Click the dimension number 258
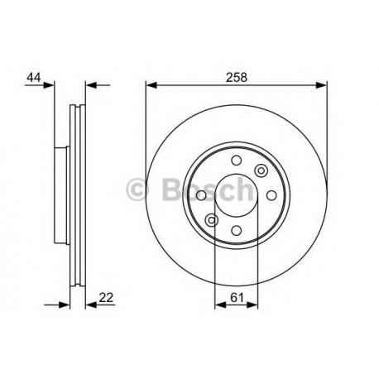click(x=237, y=78)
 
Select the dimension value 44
click(x=34, y=78)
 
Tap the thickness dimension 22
click(x=106, y=298)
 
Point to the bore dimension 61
click(x=237, y=298)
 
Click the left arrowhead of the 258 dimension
click(x=151, y=85)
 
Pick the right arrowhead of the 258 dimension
click(x=321, y=85)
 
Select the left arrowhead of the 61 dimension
click(x=220, y=305)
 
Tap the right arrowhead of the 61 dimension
click(x=252, y=305)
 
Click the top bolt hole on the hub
click(x=237, y=160)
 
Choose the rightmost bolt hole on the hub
click(x=271, y=195)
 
